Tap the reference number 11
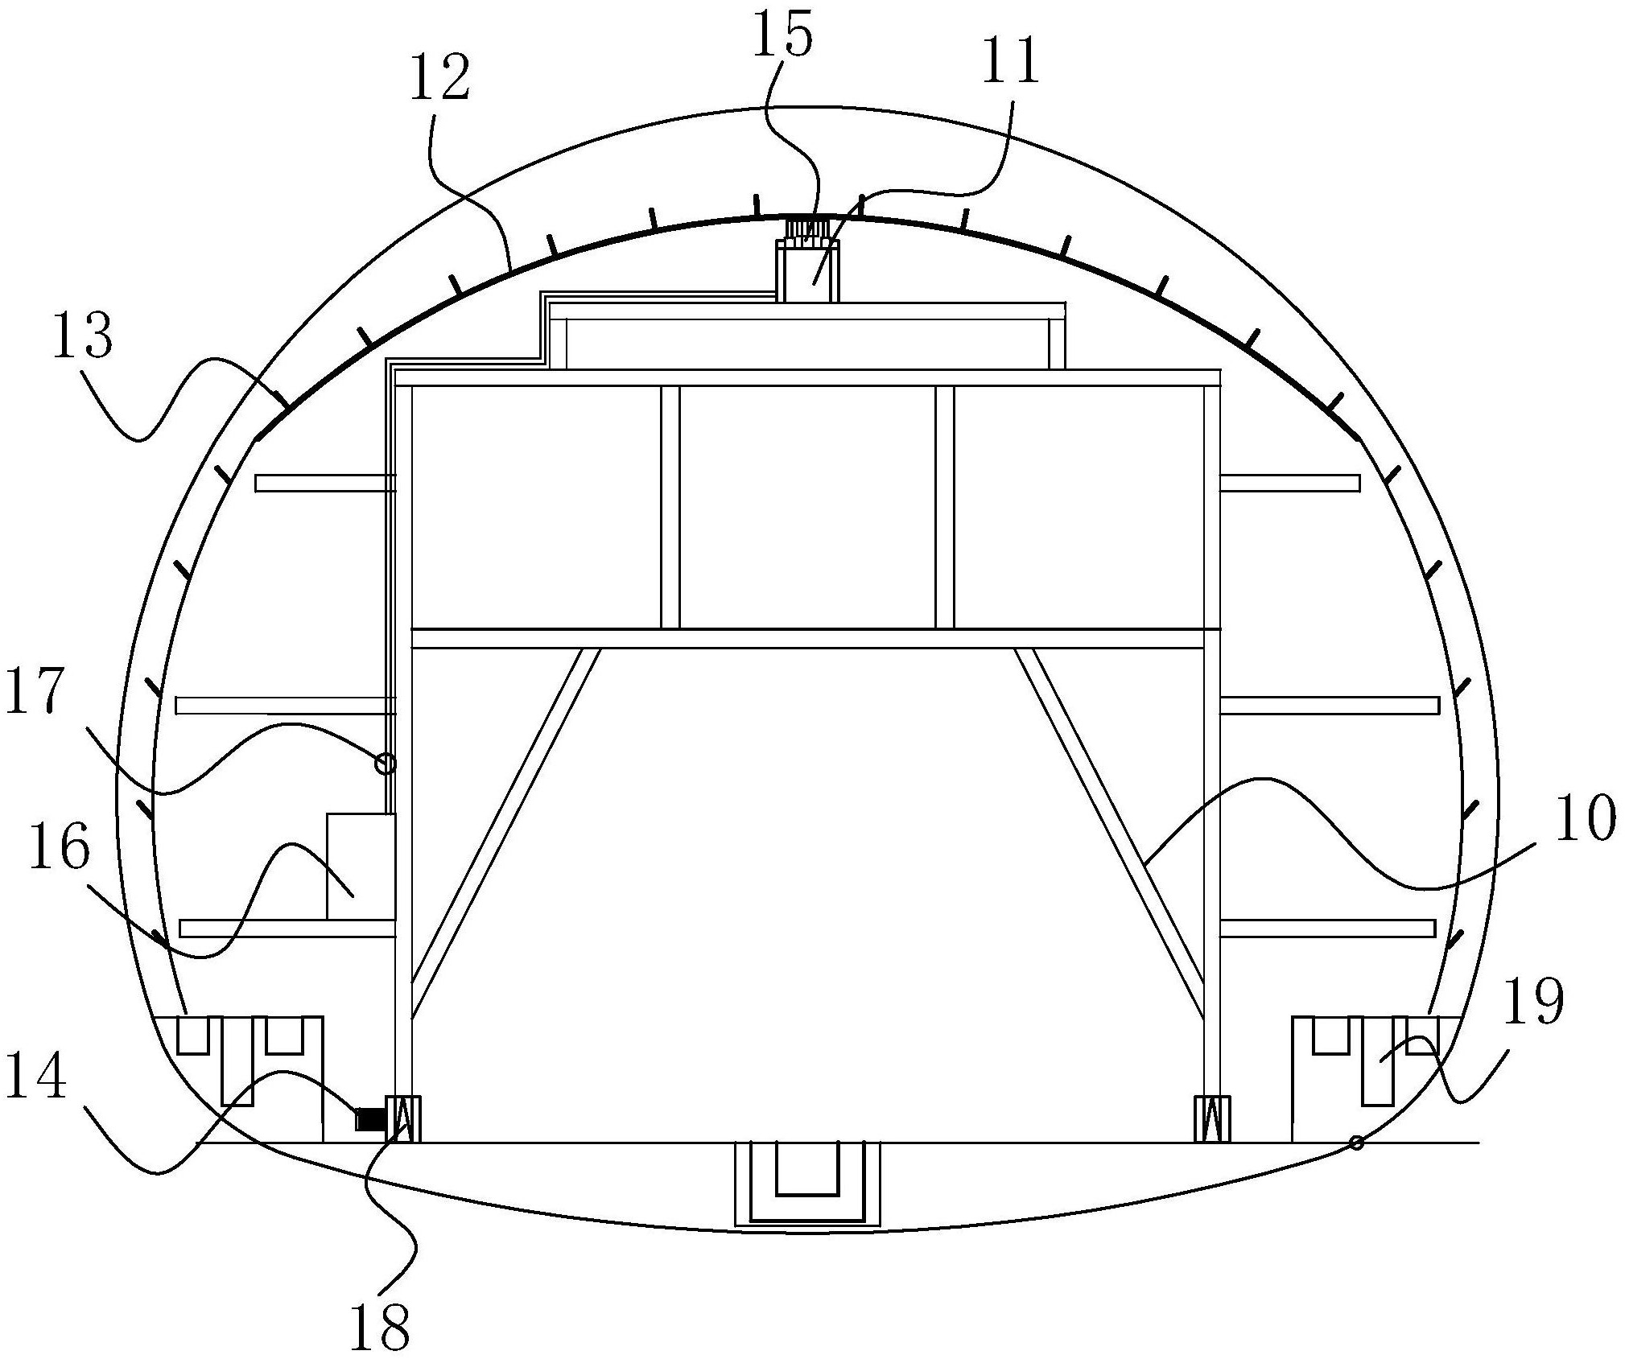point(1010,62)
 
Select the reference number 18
point(379,1325)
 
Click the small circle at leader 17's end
point(386,763)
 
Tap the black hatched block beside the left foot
point(369,1119)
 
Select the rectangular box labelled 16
point(361,866)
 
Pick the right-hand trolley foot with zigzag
point(1211,1118)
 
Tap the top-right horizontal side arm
point(1289,483)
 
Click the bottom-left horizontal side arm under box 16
point(287,929)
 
